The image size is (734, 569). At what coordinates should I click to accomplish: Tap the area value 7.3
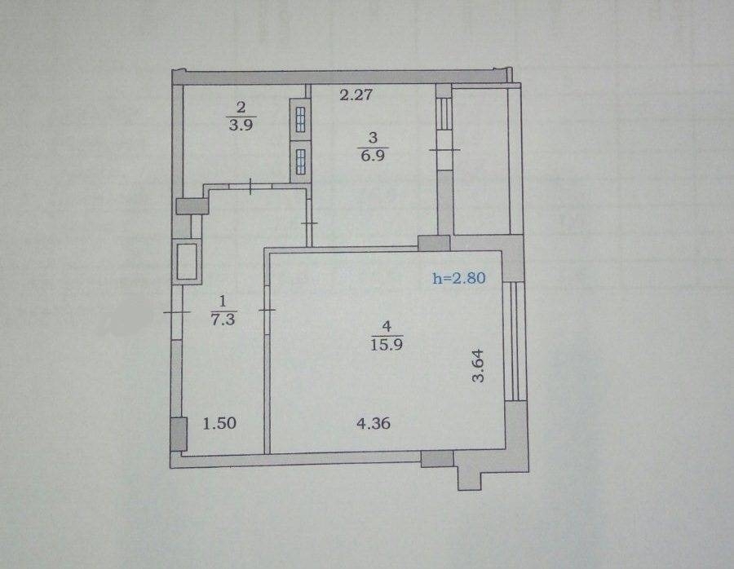coord(223,320)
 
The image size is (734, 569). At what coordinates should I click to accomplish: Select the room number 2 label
coord(241,108)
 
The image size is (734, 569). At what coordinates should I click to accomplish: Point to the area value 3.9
coord(241,125)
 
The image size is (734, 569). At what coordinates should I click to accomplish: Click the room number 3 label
coord(373,138)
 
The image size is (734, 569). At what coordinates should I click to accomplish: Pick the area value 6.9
coord(373,155)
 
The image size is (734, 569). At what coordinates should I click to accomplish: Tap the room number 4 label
coord(387,326)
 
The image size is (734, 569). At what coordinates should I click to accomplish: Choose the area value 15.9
coord(387,345)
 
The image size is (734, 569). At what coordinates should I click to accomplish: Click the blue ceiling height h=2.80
coord(459,279)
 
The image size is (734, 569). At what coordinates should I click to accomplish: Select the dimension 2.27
coord(356,95)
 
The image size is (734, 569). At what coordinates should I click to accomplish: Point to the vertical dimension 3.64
coord(478,366)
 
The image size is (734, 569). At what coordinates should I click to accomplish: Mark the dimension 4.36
coord(374,423)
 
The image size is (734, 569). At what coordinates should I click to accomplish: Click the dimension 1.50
coord(219,423)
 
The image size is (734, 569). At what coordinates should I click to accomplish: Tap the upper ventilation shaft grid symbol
coord(300,120)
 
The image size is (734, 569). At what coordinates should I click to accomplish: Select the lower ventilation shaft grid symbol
coord(300,162)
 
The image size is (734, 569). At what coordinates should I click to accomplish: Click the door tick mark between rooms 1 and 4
coord(266,310)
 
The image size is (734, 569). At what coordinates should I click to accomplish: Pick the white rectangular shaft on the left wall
coord(188,262)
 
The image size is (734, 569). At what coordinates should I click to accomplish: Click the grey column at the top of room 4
coord(434,243)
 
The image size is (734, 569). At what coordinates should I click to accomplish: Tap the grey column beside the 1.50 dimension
coord(179,434)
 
